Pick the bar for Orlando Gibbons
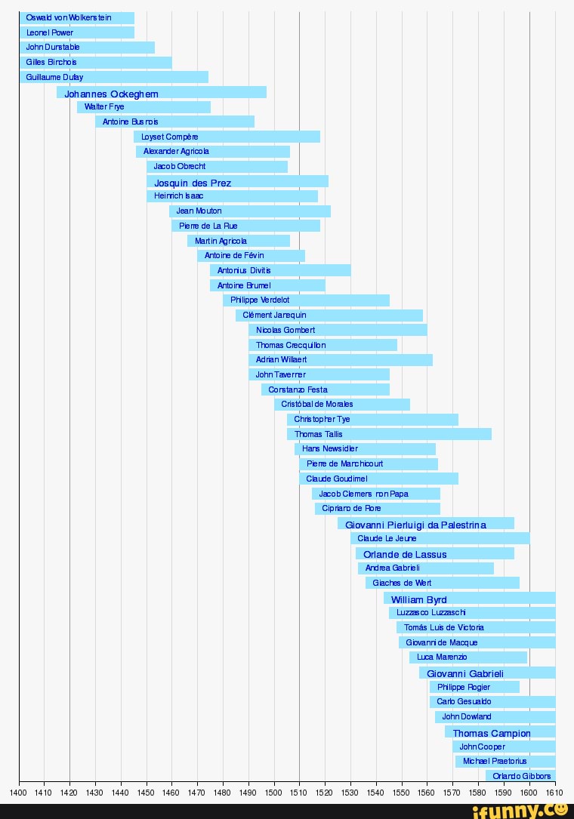coord(520,776)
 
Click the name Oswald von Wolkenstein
coord(69,18)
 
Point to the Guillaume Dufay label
coord(54,77)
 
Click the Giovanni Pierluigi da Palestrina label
coord(415,525)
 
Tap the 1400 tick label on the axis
coord(19,793)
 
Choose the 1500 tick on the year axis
coord(273,793)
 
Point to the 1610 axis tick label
coord(554,793)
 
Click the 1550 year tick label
coord(401,793)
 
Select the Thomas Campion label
coord(492,733)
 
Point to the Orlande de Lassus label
coord(405,554)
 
